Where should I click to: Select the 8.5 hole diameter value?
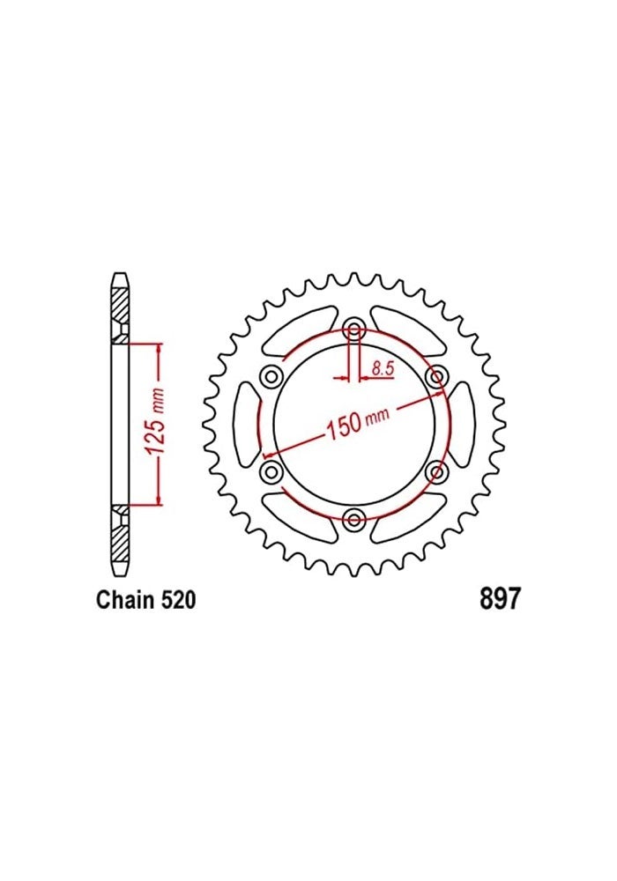click(x=382, y=370)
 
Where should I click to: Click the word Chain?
click(x=124, y=601)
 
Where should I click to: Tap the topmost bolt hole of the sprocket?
click(x=354, y=331)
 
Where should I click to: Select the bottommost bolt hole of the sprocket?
click(x=354, y=520)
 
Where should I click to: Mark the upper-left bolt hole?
click(x=271, y=378)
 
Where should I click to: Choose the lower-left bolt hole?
click(x=271, y=473)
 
